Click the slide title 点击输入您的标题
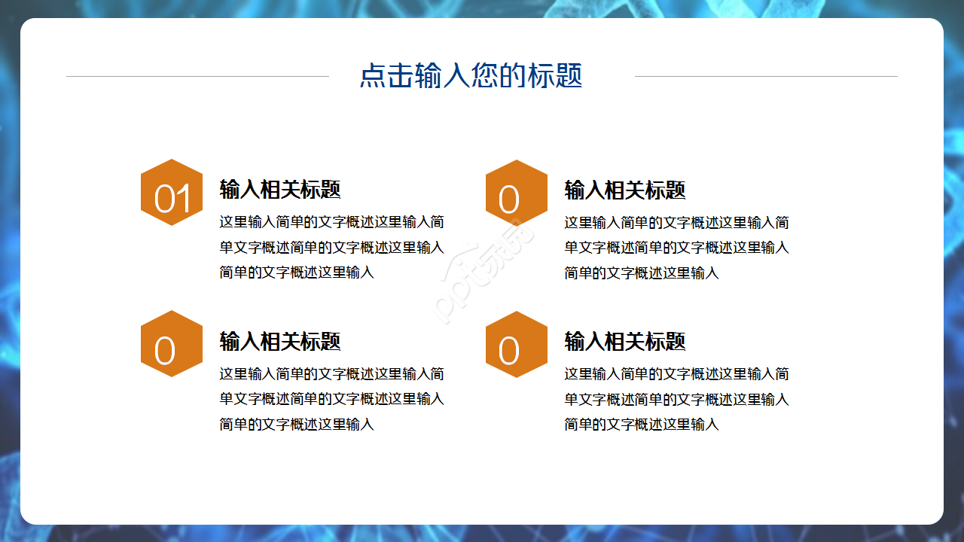471,76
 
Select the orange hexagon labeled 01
172,193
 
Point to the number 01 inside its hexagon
172,200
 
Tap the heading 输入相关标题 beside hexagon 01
280,190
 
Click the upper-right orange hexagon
517,193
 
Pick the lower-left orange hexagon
172,344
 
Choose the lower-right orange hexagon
517,344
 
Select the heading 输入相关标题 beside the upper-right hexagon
625,190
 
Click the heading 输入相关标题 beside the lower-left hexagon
280,341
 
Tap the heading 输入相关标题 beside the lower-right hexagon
625,341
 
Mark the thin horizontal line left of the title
197,76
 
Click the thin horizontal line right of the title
766,76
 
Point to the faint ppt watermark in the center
482,271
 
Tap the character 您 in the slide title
484,76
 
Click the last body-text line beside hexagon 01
297,273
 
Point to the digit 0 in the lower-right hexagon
509,352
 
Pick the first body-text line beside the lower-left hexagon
331,374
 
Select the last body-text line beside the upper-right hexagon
642,273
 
